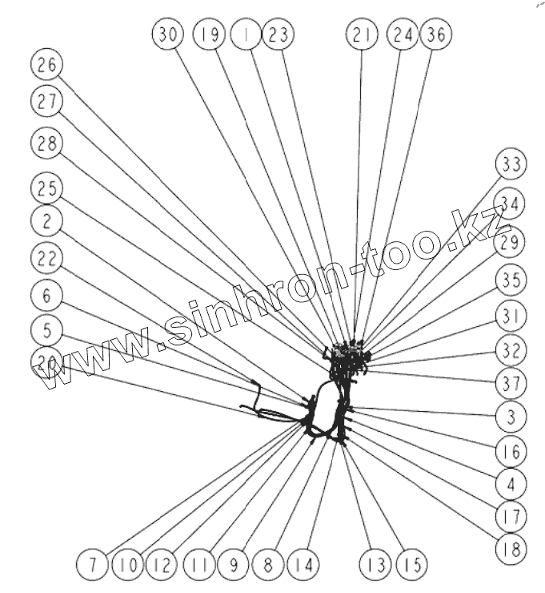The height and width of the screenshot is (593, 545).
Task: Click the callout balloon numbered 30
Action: click(x=168, y=34)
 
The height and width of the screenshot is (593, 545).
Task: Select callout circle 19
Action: click(x=209, y=34)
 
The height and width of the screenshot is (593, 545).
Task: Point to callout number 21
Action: click(x=362, y=34)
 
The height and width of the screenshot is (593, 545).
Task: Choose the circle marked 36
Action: click(x=436, y=34)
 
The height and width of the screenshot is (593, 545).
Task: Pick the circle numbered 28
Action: click(x=46, y=144)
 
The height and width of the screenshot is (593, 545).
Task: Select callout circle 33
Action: click(x=511, y=164)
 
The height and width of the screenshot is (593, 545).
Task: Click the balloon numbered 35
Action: click(x=511, y=280)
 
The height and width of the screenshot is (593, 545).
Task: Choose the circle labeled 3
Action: click(x=511, y=416)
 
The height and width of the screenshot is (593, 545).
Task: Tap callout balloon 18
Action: click(x=511, y=550)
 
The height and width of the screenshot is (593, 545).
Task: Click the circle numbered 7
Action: click(x=92, y=564)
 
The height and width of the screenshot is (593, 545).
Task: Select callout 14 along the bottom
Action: click(x=302, y=564)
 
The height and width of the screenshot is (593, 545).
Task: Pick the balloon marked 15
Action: click(x=411, y=564)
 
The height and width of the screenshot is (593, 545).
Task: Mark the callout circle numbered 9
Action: click(x=234, y=564)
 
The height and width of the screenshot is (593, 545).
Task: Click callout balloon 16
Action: click(x=511, y=450)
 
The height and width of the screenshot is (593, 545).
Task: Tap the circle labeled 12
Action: click(x=162, y=564)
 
